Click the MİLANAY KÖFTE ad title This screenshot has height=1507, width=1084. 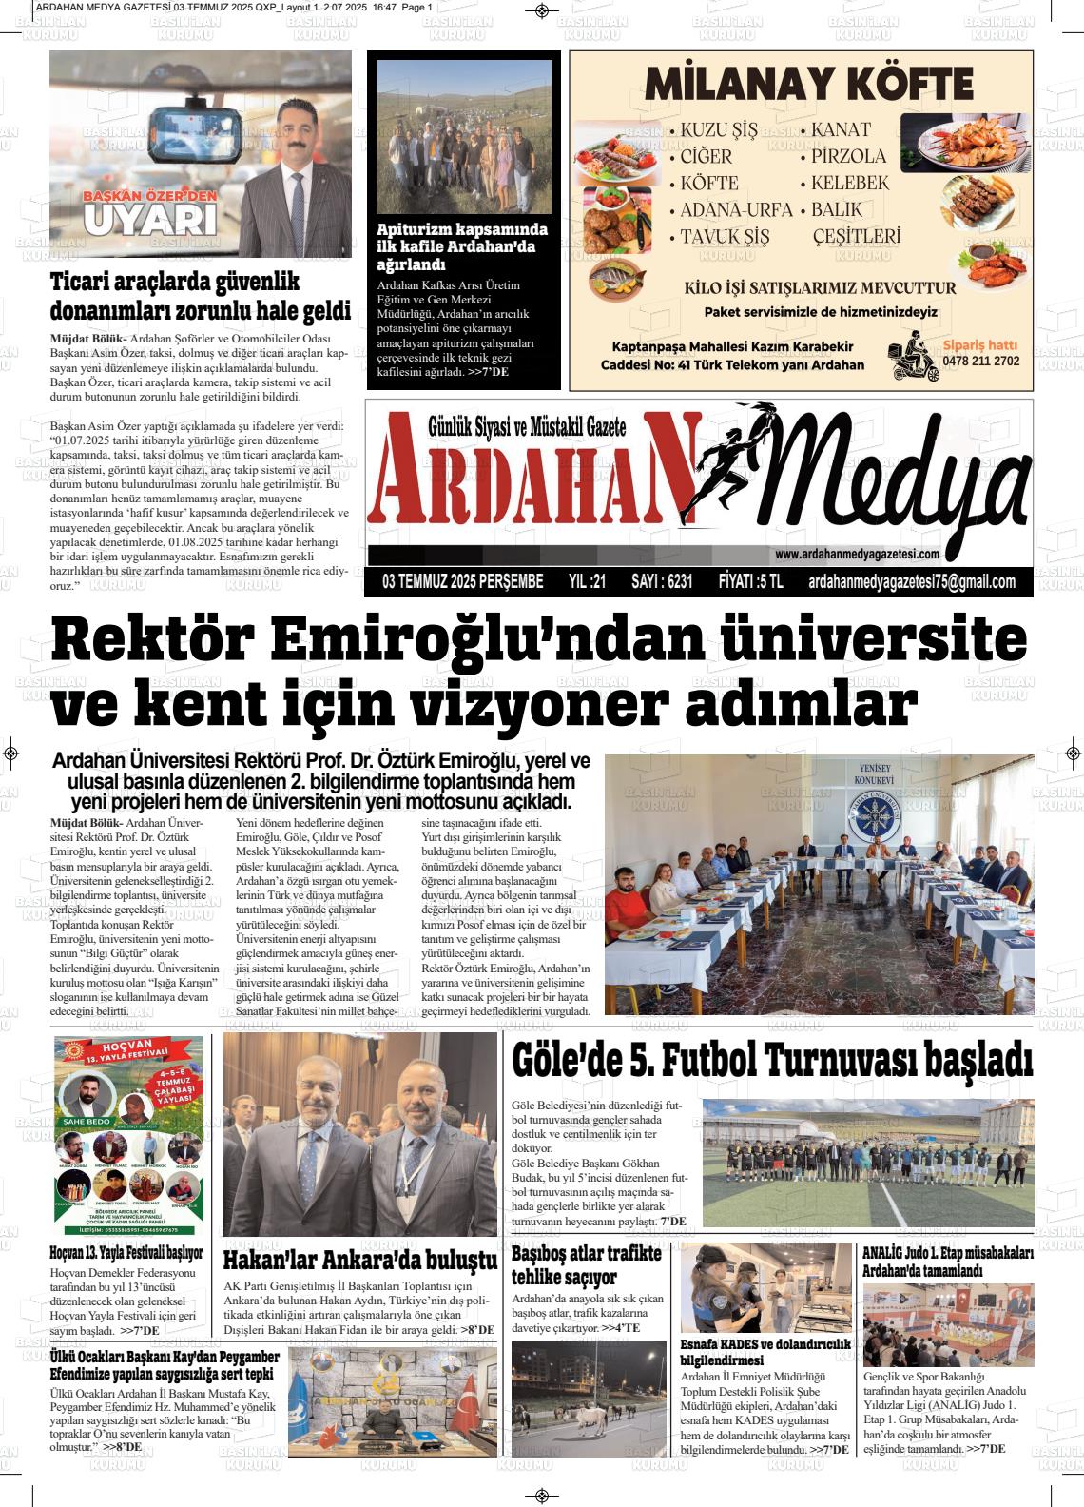pos(809,85)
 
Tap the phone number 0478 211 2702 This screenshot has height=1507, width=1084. pos(980,362)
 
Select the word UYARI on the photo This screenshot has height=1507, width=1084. pos(149,220)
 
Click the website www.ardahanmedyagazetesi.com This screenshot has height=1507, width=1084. pos(857,555)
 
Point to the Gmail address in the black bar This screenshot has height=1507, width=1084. pos(911,582)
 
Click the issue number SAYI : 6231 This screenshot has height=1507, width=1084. pos(662,582)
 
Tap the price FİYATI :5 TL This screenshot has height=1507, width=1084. pos(750,582)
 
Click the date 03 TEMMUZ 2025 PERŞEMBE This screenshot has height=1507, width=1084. pos(463,582)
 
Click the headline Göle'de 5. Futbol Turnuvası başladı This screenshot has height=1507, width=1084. pos(771,1060)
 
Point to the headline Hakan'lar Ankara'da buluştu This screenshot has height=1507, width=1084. pos(359,1261)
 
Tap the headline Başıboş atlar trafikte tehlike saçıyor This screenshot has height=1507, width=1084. pos(587,1265)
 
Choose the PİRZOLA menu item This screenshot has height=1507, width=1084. pos(848,157)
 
